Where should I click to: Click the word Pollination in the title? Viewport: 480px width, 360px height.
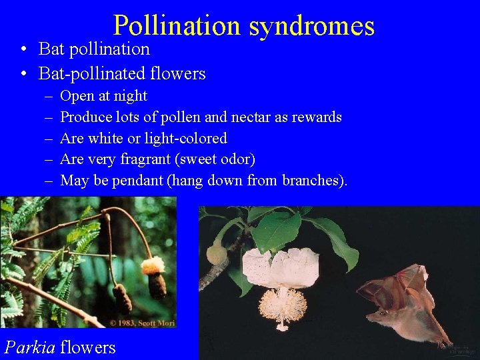pos(177,25)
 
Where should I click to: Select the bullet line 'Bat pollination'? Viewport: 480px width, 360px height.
pos(94,49)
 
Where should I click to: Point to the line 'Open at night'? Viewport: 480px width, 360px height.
pos(103,96)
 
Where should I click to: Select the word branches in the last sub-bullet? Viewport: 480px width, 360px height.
pos(312,181)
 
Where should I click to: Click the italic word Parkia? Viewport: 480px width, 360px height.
pos(30,347)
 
